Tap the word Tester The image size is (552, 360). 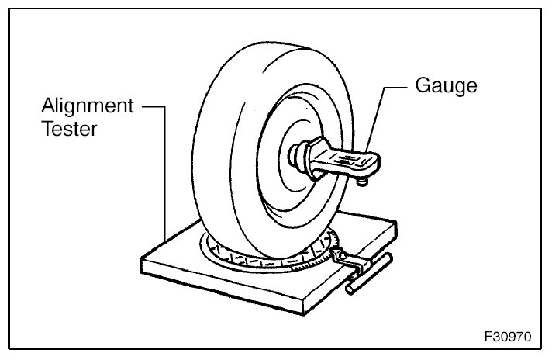tap(70, 129)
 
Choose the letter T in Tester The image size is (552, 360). tap(47, 129)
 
